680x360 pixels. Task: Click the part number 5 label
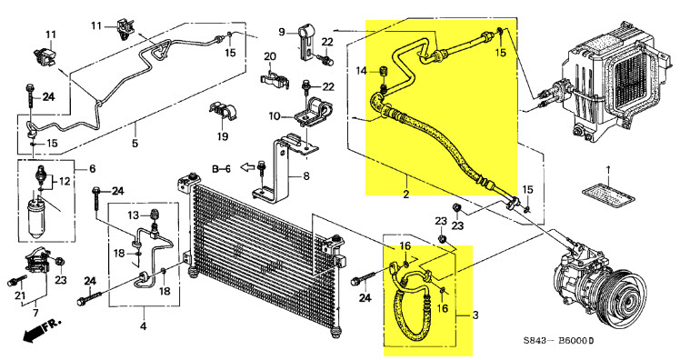(x=135, y=143)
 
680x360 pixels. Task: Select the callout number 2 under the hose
(x=406, y=194)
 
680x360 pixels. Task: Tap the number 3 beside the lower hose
(x=475, y=315)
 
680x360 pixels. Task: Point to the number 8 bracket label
(x=306, y=176)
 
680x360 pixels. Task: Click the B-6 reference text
(x=221, y=169)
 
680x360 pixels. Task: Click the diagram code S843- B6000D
(x=558, y=341)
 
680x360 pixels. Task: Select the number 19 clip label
(x=223, y=136)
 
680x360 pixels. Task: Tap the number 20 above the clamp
(x=270, y=57)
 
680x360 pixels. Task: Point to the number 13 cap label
(x=133, y=215)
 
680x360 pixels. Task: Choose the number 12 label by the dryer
(x=65, y=181)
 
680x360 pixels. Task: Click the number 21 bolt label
(x=20, y=296)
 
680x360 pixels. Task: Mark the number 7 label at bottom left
(x=35, y=313)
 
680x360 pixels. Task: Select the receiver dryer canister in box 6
(x=37, y=218)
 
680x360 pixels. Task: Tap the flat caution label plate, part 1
(x=609, y=195)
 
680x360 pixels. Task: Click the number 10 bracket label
(x=275, y=116)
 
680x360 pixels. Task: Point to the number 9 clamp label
(x=282, y=32)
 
